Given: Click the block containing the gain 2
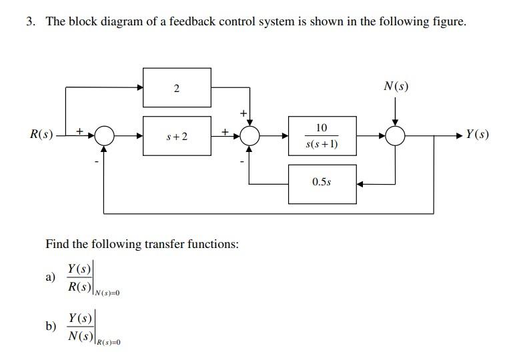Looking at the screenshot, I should click(x=177, y=88).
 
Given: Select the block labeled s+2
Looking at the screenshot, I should click(x=177, y=136).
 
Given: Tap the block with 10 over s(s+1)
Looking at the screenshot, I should click(x=322, y=136).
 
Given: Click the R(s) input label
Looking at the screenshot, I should click(x=42, y=135).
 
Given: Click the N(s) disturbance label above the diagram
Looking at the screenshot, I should click(x=396, y=86).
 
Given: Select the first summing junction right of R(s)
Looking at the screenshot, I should click(x=104, y=136).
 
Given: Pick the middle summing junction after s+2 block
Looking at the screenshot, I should click(x=249, y=136).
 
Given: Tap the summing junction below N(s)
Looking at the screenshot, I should click(x=396, y=136).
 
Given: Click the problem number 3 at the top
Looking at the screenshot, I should click(x=30, y=21).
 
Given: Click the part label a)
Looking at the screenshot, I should click(x=50, y=278).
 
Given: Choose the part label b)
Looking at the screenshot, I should click(x=50, y=326).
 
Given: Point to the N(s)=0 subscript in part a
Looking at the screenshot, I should click(x=107, y=293).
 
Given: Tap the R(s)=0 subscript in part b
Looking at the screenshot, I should click(x=109, y=342).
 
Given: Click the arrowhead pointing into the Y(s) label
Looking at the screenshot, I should click(x=458, y=136).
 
